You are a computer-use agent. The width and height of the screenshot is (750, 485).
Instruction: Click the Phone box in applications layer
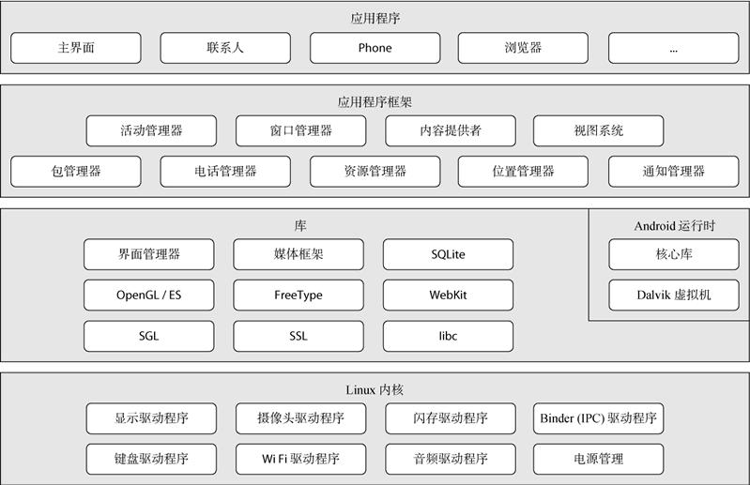coord(375,48)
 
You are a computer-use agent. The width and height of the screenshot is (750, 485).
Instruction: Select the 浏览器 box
coord(523,48)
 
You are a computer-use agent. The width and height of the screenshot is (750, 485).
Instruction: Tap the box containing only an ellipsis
coord(673,48)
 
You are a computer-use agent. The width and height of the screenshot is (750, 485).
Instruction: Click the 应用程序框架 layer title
coord(375,101)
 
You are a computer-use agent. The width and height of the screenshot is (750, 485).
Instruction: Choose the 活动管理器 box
coord(151,130)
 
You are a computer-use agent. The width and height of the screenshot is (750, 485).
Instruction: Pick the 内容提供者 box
coord(450,130)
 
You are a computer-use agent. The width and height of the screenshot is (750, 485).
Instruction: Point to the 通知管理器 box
coord(673,171)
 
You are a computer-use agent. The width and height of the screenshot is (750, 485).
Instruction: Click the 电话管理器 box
coord(225,171)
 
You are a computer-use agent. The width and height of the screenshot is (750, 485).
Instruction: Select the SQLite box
coord(448,254)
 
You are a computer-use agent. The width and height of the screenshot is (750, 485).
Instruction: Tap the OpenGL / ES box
coord(148,295)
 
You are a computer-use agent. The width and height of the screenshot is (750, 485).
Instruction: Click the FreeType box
coord(298,295)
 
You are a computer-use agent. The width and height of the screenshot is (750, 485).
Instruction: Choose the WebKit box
coord(448,295)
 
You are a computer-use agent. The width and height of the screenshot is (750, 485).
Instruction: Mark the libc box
coord(448,335)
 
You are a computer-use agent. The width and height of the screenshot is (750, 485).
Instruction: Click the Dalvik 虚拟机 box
coord(673,295)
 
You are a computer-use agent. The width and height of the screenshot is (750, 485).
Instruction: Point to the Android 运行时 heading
coord(673,225)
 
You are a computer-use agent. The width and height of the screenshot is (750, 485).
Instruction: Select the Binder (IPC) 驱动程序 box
coord(598,418)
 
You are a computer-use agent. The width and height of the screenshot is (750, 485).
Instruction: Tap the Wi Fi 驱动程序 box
coord(300,459)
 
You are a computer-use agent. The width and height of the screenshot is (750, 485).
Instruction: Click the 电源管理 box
coord(598,459)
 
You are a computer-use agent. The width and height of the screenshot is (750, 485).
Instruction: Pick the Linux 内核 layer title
coord(375,388)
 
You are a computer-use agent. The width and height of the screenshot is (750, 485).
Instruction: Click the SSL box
coord(298,335)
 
